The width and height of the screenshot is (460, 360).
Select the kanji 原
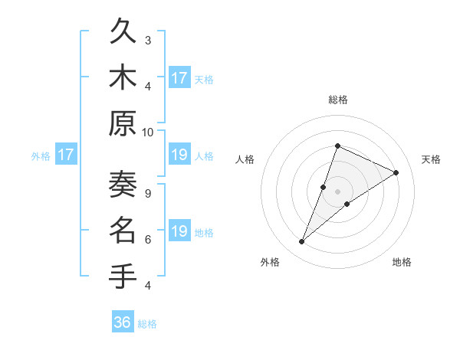(x=123, y=123)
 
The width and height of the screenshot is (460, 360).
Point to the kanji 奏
(x=123, y=184)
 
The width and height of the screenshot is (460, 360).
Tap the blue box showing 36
(x=123, y=322)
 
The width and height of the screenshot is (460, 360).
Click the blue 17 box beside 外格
(x=66, y=155)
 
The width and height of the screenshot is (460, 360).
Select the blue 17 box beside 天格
(x=179, y=77)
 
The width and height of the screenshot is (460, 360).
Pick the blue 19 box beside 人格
(x=179, y=155)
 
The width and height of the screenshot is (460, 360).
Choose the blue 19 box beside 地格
(x=179, y=231)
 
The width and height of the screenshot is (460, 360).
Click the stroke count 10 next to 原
(x=148, y=132)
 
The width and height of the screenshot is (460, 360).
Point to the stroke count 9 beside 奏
(x=148, y=193)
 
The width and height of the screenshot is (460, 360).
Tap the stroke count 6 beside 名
(x=148, y=239)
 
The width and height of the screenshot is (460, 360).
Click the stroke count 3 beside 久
(x=148, y=41)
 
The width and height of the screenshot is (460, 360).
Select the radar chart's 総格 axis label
(x=337, y=100)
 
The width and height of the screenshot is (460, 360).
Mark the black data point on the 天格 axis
(x=396, y=172)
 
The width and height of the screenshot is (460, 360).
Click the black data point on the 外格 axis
(x=302, y=242)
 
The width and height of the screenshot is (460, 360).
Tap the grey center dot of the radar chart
(x=337, y=191)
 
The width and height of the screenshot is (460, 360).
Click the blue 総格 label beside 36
(x=147, y=324)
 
